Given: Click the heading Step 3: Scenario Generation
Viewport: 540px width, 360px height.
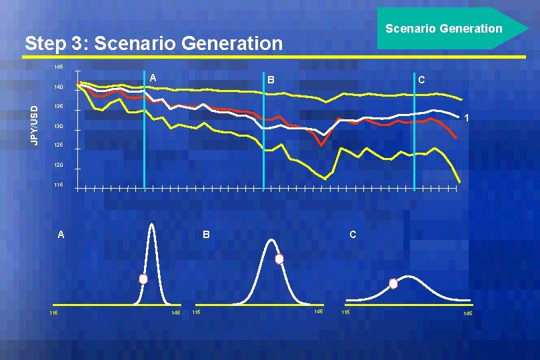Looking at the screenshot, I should (x=153, y=44).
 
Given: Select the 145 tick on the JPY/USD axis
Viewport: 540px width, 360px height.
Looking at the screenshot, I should (x=59, y=67).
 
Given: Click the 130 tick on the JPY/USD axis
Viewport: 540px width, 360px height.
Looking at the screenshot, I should (x=59, y=126).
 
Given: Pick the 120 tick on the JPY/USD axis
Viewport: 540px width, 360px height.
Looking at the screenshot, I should (x=59, y=165).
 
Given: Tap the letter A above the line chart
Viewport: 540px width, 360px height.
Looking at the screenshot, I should (x=153, y=79).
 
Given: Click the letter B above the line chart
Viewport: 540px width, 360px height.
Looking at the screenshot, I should (x=270, y=80).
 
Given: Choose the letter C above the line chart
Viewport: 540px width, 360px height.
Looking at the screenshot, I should (x=421, y=80).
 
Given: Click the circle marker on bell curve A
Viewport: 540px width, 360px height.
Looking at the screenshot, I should (x=143, y=279).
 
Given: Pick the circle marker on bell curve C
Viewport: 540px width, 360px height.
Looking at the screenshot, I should (x=393, y=283).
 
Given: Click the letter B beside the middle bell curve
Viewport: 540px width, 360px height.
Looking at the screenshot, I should (x=206, y=235).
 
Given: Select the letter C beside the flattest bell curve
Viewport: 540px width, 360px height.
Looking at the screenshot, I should (x=353, y=235).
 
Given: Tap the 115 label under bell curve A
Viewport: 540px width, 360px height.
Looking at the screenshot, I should (x=53, y=313).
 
